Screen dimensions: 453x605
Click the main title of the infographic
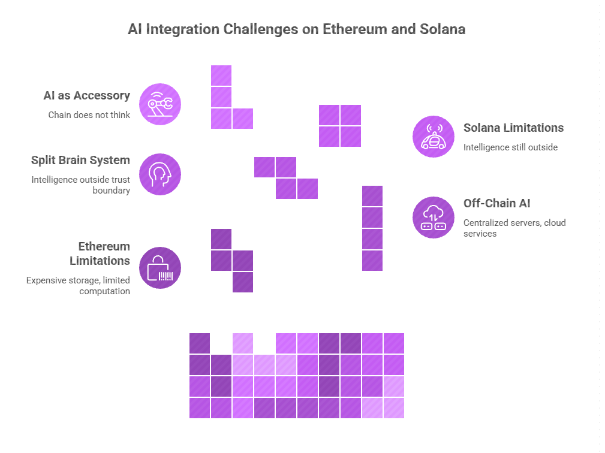coord(296,29)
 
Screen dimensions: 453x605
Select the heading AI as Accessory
coord(86,95)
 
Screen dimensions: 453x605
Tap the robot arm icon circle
coord(160,104)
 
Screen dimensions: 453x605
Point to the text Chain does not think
coord(89,114)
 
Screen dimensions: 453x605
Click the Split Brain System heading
coord(80,160)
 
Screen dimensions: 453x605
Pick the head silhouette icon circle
coord(160,174)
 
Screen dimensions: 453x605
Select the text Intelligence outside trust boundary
coord(80,185)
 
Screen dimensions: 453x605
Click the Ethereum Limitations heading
coord(100,253)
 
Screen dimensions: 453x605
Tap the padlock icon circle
coord(160,268)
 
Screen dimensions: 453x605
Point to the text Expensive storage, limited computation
coord(78,286)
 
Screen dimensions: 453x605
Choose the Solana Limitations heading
coord(513,128)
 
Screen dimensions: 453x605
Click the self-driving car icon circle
coord(433,137)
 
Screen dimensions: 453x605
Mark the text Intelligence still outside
coord(511,147)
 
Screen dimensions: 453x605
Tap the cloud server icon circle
coord(433,218)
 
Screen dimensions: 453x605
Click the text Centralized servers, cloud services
coord(514,228)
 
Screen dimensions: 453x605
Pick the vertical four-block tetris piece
coord(372,228)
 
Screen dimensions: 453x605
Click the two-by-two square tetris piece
coord(340,126)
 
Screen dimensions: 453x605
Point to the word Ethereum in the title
coord(353,29)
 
